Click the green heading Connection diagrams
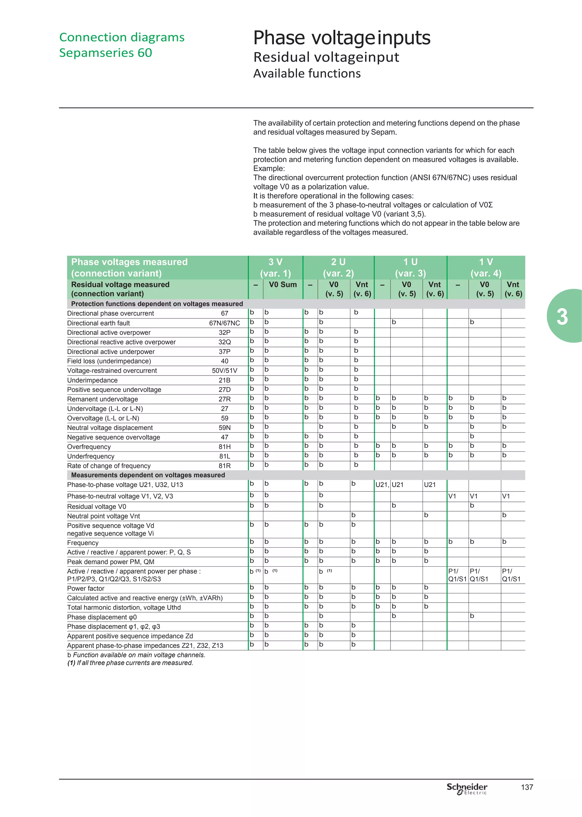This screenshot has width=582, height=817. [x=122, y=37]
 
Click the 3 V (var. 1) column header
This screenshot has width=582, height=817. [x=275, y=268]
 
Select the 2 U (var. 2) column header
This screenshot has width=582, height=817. [x=338, y=268]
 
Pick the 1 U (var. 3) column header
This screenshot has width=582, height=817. [x=410, y=268]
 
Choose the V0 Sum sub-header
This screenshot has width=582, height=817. [x=283, y=285]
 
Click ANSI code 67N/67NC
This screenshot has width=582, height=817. [x=224, y=323]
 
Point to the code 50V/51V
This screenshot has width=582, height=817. [x=224, y=370]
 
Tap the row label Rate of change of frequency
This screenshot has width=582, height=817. [x=109, y=466]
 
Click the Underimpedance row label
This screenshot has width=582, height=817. [x=92, y=380]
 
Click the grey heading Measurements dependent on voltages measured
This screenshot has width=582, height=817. [x=148, y=475]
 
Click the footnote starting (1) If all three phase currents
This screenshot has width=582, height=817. [x=130, y=663]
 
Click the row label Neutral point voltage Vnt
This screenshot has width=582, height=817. [x=103, y=516]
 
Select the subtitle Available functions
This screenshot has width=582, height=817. [x=307, y=73]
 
